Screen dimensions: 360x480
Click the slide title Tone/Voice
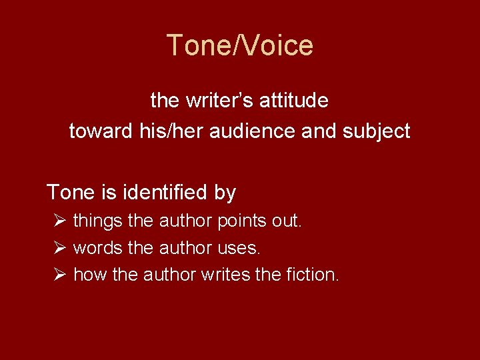point(239,45)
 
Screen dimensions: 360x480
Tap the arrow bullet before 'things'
point(59,221)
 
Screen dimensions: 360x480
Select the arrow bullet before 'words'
point(59,248)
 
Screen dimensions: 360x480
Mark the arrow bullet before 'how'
point(59,274)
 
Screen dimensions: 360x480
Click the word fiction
point(311,274)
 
